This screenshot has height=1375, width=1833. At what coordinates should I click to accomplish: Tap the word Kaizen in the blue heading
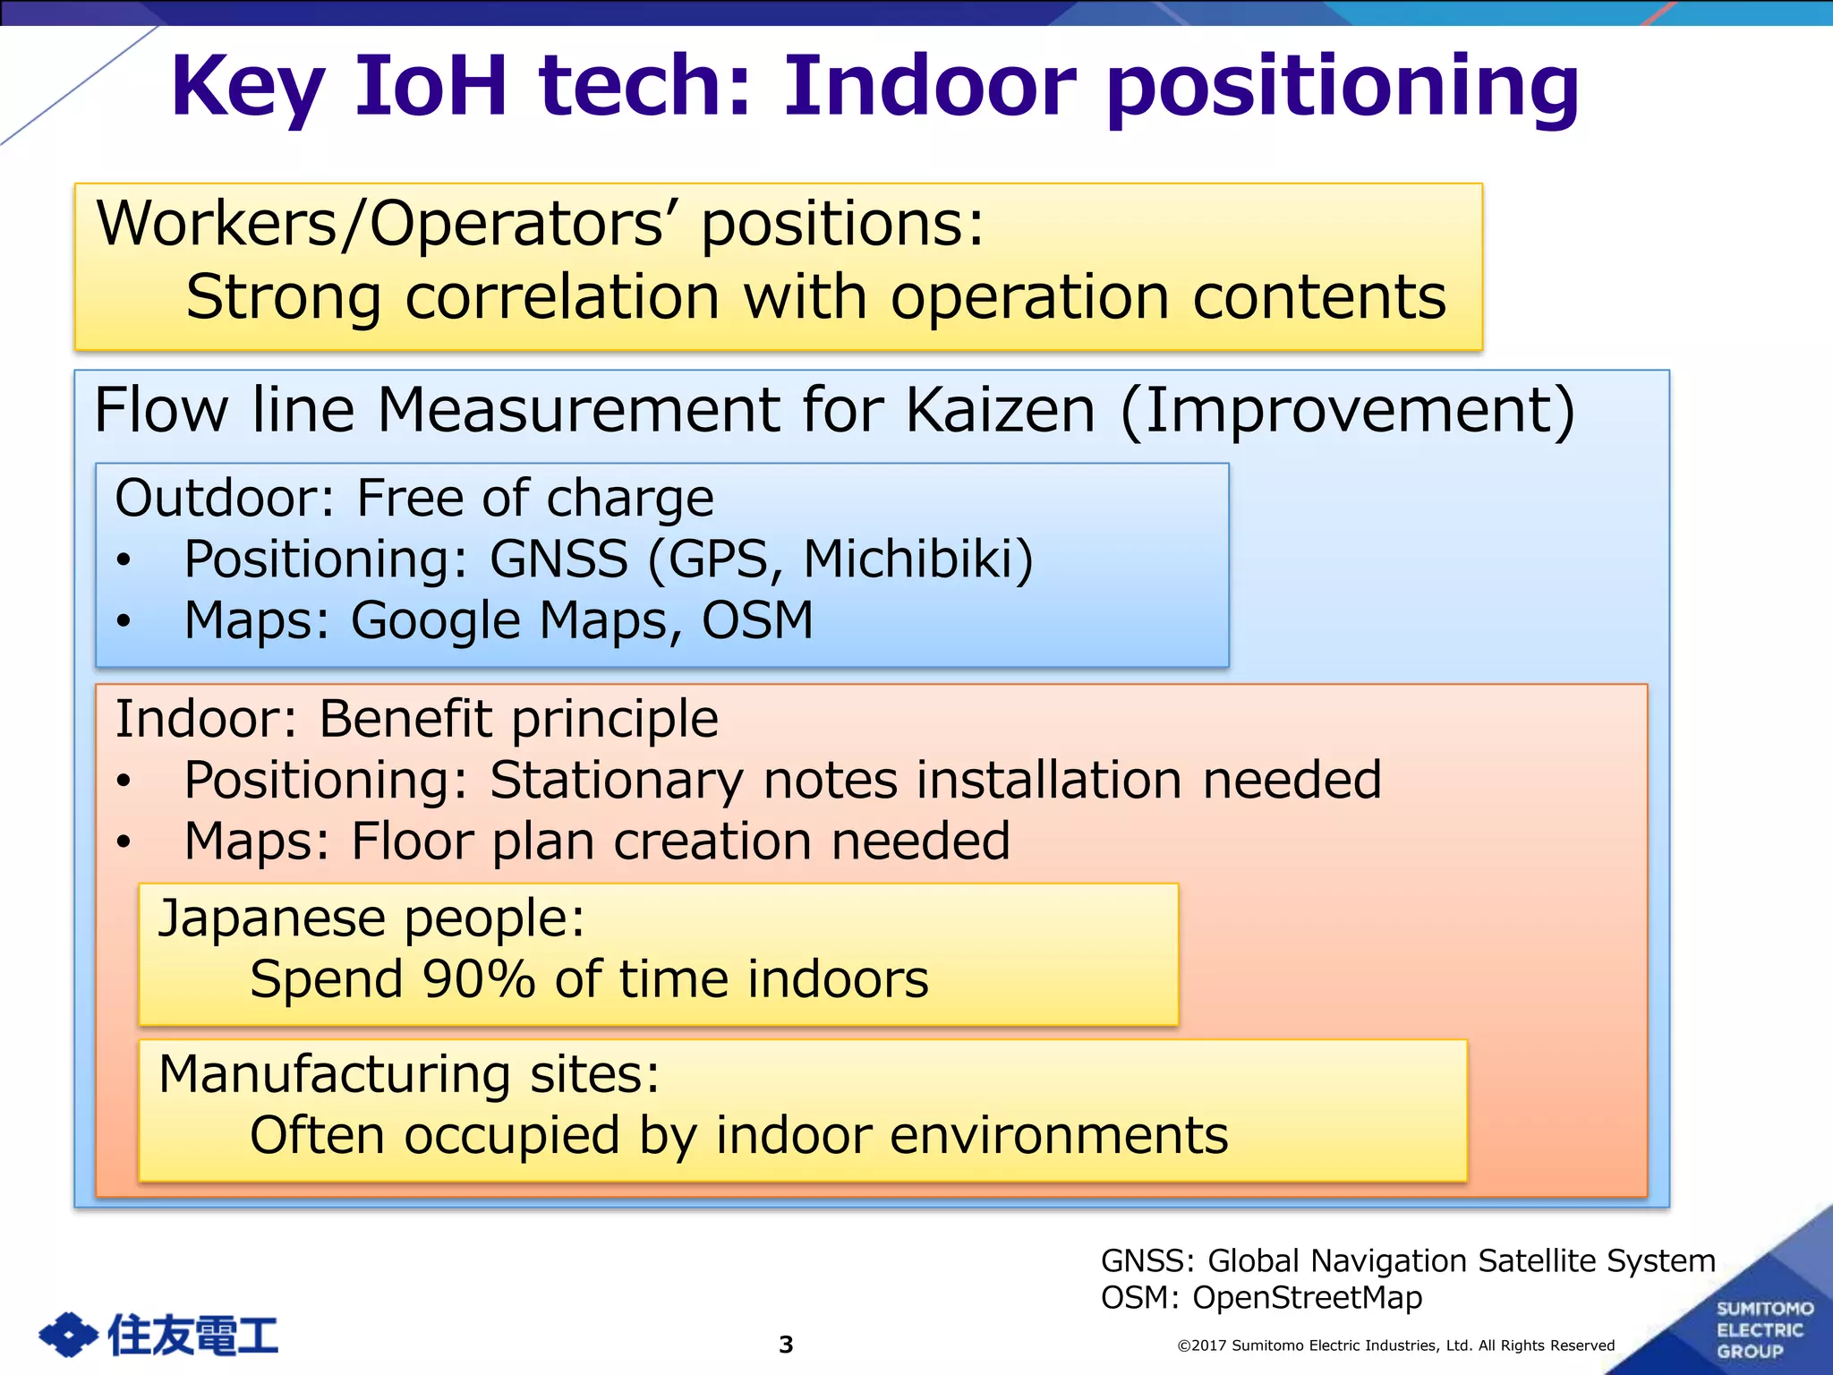(1000, 410)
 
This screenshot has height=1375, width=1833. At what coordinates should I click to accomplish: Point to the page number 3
(786, 1345)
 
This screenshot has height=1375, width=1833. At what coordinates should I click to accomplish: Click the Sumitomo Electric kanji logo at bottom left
(158, 1335)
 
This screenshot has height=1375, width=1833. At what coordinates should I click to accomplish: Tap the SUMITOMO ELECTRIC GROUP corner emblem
(1761, 1329)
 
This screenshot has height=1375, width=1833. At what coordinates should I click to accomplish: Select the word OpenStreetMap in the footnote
(1307, 1297)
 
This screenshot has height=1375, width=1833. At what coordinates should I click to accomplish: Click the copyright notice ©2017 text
(1395, 1345)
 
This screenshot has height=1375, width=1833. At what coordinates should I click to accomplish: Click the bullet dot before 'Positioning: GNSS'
(124, 560)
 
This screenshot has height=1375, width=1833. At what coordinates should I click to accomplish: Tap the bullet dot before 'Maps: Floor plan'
(124, 841)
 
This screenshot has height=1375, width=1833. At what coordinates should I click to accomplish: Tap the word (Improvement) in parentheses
(1347, 410)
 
